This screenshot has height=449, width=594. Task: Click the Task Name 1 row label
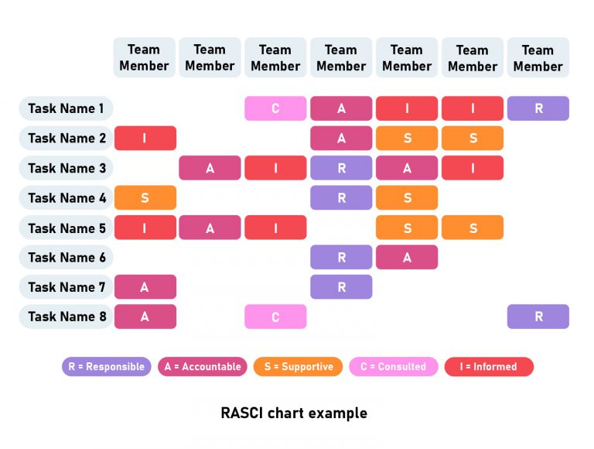66,108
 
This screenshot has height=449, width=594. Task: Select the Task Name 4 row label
66,197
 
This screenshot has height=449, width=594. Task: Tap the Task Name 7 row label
66,287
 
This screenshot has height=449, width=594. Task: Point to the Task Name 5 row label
66,228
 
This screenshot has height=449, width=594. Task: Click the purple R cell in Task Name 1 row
538,108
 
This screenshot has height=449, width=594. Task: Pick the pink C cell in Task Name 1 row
275,108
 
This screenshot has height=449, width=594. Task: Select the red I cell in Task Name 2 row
145,138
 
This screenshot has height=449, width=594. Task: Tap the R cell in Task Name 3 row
341,168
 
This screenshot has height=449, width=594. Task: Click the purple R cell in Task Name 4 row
341,197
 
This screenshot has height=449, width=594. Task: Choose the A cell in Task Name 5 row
210,228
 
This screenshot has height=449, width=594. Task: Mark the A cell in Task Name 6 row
407,257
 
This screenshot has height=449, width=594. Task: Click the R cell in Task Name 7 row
341,287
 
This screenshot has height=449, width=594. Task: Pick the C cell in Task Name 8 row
275,317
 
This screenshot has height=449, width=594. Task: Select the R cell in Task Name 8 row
538,317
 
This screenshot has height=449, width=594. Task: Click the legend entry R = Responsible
107,367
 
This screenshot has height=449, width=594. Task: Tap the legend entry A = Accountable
203,367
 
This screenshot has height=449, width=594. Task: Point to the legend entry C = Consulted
393,367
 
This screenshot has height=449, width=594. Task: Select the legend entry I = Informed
489,367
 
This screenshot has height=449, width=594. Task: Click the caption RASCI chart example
294,413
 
